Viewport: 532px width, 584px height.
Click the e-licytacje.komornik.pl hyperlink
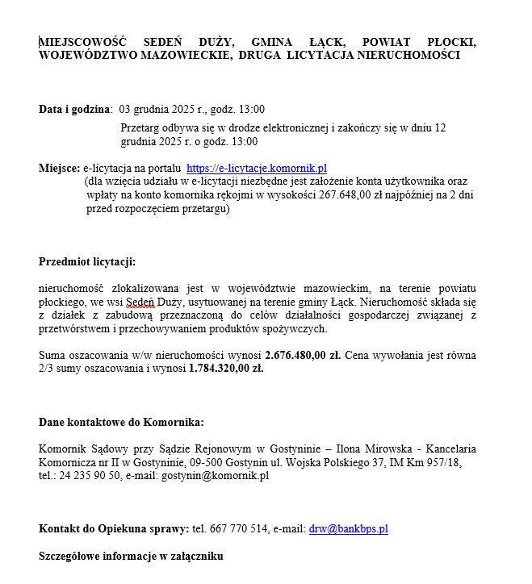pyautogui.click(x=256, y=168)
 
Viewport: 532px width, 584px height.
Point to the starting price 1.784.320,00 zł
pyautogui.click(x=226, y=369)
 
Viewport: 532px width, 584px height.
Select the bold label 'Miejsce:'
pyautogui.click(x=59, y=168)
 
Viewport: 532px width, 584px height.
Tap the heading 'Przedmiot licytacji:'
pyautogui.click(x=87, y=261)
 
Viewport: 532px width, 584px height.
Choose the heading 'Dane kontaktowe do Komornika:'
pyautogui.click(x=121, y=422)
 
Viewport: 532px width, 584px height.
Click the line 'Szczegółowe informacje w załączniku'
pyautogui.click(x=131, y=557)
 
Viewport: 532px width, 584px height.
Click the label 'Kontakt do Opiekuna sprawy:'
pyautogui.click(x=114, y=529)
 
